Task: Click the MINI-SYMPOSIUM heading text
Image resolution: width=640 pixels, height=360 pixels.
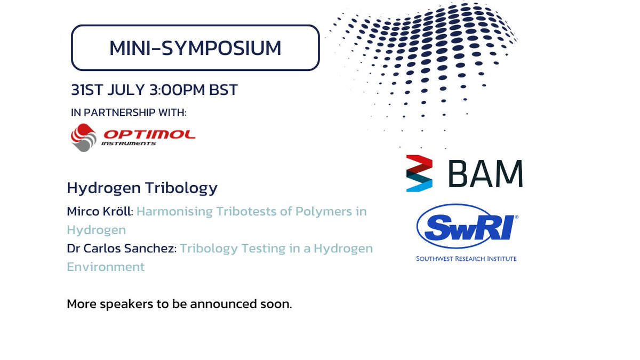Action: pyautogui.click(x=195, y=48)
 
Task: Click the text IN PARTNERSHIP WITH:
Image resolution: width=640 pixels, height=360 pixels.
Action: pyautogui.click(x=129, y=113)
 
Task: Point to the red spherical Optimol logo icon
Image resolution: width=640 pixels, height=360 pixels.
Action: pyautogui.click(x=84, y=137)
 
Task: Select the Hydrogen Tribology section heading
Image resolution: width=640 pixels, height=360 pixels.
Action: pyautogui.click(x=142, y=188)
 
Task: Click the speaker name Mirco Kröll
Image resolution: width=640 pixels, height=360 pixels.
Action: pyautogui.click(x=99, y=211)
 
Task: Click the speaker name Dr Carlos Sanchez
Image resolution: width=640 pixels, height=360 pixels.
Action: pyautogui.click(x=121, y=249)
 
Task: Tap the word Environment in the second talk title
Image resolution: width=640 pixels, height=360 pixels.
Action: pyautogui.click(x=106, y=267)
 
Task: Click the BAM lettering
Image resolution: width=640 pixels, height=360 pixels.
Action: pyautogui.click(x=485, y=174)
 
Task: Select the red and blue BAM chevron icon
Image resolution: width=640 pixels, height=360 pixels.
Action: pyautogui.click(x=419, y=174)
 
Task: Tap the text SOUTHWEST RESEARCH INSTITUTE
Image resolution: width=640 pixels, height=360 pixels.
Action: pyautogui.click(x=467, y=259)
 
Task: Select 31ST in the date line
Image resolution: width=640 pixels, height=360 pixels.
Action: pyautogui.click(x=86, y=90)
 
